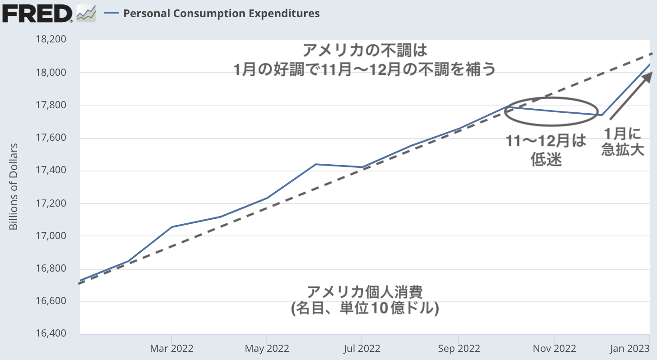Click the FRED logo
coord(37,14)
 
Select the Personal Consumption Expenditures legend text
coord(221,14)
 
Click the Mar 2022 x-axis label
coord(171,349)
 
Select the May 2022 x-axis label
coord(267,349)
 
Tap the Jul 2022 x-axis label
coord(362,349)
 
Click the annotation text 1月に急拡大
coord(622,142)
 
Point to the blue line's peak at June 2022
coord(315,164)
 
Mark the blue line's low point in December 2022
coord(602,115)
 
